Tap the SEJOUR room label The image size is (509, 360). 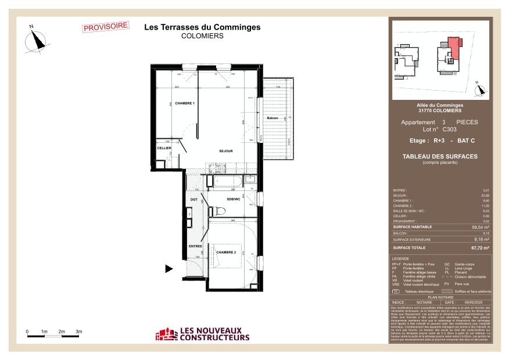(x=226, y=151)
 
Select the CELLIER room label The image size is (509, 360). (x=164, y=149)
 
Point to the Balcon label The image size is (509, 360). (x=273, y=118)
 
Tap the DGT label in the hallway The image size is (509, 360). (x=195, y=200)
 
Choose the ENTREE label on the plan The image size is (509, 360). (x=195, y=246)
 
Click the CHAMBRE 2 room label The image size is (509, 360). (x=226, y=252)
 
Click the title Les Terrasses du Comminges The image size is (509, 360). (x=202, y=27)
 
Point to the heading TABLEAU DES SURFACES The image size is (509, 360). (x=440, y=156)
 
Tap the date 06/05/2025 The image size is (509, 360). (x=474, y=302)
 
